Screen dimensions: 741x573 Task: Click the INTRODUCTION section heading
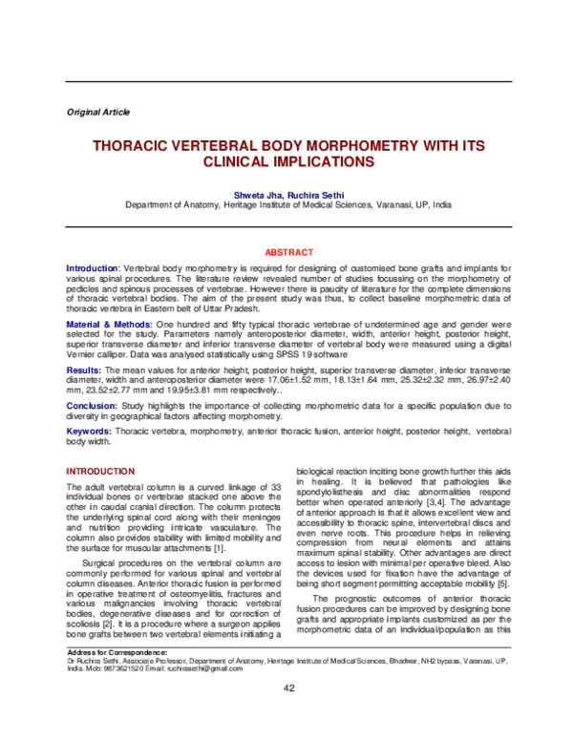click(99, 472)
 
